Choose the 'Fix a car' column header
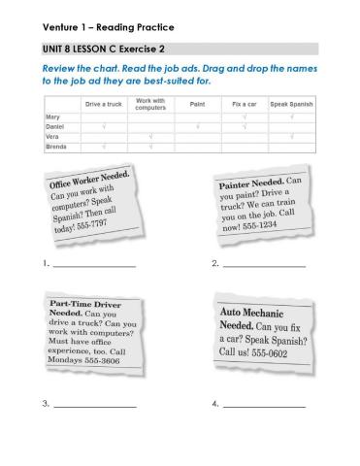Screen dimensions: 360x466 click(x=244, y=102)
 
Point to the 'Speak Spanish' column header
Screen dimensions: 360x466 click(x=291, y=102)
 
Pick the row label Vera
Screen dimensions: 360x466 click(x=52, y=136)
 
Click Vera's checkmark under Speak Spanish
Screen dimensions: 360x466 click(x=291, y=136)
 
